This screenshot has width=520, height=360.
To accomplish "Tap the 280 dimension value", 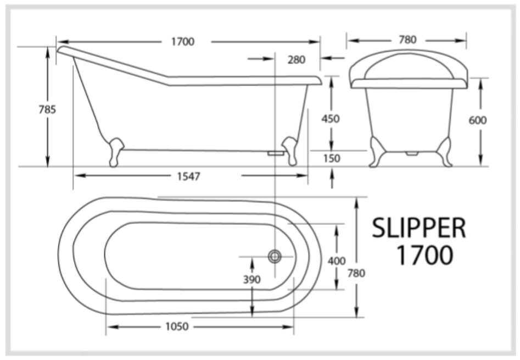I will click(x=296, y=59).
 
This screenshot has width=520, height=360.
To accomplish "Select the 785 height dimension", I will click(x=47, y=109).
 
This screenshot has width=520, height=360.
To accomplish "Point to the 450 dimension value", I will click(x=331, y=119).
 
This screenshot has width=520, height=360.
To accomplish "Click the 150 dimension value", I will click(x=331, y=158).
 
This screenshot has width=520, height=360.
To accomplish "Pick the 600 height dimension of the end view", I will click(x=478, y=120).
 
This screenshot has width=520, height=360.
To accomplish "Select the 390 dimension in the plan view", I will click(x=251, y=279).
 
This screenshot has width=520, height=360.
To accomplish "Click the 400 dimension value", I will click(x=337, y=261).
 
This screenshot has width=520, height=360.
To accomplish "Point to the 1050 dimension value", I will click(x=176, y=326).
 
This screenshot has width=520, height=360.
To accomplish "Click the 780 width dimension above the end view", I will click(x=407, y=40).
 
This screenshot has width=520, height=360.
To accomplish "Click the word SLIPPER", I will click(x=419, y=228).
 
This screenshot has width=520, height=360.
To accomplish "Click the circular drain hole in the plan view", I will click(x=275, y=256).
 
